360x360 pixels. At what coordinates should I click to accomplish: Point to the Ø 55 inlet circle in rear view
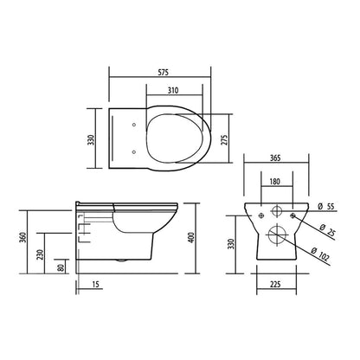click(x=276, y=210)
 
